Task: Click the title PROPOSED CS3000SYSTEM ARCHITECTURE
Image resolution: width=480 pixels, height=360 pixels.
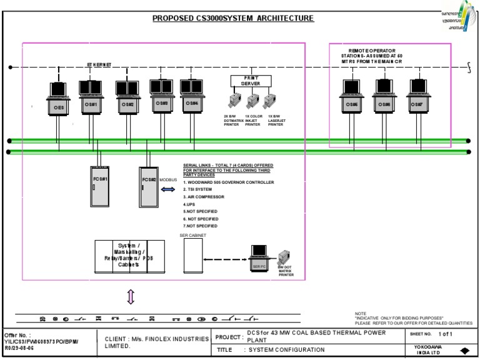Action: (233, 19)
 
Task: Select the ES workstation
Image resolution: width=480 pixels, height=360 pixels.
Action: (59, 100)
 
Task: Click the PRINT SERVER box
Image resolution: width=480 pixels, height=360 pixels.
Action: (251, 81)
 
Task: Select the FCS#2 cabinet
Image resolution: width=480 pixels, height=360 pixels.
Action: (148, 186)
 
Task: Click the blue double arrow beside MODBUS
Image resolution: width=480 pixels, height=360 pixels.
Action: (169, 189)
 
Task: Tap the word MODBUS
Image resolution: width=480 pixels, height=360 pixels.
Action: (168, 180)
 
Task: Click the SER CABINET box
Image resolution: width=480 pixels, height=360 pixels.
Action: (192, 256)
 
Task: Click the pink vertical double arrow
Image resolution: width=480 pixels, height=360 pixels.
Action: (131, 297)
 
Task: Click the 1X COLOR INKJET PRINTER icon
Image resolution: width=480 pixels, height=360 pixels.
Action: (252, 101)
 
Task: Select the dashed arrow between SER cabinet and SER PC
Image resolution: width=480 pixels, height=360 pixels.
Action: (225, 259)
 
